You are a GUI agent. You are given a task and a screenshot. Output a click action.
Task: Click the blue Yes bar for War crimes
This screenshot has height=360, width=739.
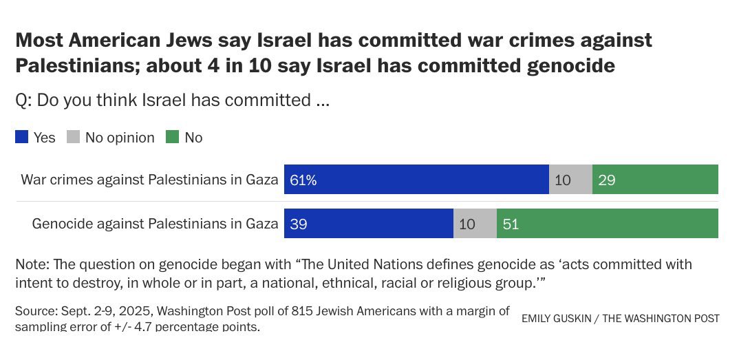[416, 180]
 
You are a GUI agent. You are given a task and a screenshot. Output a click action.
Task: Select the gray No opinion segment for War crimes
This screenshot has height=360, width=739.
[570, 180]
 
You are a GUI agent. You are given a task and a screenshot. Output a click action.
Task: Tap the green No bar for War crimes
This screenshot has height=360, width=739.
[655, 180]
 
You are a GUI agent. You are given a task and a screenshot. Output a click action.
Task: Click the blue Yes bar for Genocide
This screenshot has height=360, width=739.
[369, 223]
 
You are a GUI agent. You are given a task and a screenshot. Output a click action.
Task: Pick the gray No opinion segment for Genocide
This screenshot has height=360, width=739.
[475, 223]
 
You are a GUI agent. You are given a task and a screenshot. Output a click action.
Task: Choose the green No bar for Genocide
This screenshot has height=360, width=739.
[608, 223]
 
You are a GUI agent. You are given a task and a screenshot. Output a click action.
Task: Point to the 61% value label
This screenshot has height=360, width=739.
[303, 180]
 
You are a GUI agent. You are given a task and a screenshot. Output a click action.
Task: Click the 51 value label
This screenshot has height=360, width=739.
[511, 224]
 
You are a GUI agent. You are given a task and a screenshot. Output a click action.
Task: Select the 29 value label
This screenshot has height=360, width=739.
[606, 180]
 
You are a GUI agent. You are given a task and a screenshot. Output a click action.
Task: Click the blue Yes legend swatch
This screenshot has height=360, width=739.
[22, 138]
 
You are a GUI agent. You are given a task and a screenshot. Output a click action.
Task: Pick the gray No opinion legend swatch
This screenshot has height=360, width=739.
[73, 138]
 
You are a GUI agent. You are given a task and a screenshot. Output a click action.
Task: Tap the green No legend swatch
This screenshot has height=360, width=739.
[171, 138]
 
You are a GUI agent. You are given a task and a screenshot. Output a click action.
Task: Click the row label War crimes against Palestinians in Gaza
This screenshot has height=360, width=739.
[149, 180]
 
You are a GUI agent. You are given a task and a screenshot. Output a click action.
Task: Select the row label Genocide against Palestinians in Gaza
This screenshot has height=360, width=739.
[156, 224]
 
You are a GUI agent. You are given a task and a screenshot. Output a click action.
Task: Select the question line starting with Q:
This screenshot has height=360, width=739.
[173, 100]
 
